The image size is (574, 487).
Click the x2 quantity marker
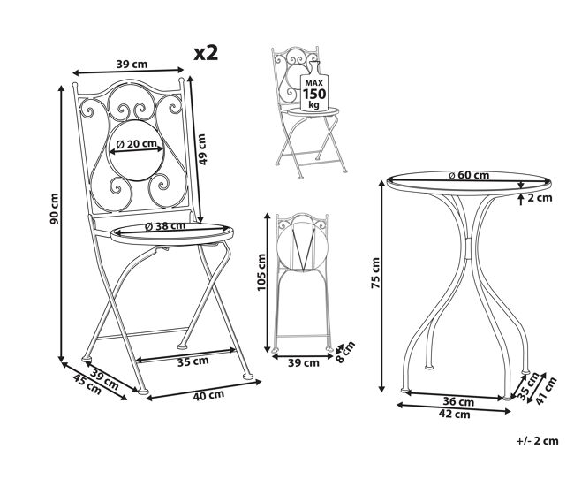coord(206,53)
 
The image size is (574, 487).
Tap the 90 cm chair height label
coord(54,209)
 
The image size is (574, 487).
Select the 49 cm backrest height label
coord(201,149)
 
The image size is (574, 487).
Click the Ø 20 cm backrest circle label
coord(136,144)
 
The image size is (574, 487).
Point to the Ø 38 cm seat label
coord(165,226)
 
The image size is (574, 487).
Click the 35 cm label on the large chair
coord(193,361)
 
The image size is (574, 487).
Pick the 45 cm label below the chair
coord(87,384)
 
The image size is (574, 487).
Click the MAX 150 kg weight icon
coord(313,87)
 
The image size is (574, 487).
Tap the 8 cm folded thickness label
coord(345,352)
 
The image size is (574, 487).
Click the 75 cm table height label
coord(375,273)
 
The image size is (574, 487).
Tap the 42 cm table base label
coord(454,415)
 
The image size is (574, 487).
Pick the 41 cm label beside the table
coord(546,391)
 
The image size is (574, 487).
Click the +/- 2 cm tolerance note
coord(538,440)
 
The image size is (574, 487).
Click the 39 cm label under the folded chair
coord(304,363)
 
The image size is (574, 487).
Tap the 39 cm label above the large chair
coord(132,65)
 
